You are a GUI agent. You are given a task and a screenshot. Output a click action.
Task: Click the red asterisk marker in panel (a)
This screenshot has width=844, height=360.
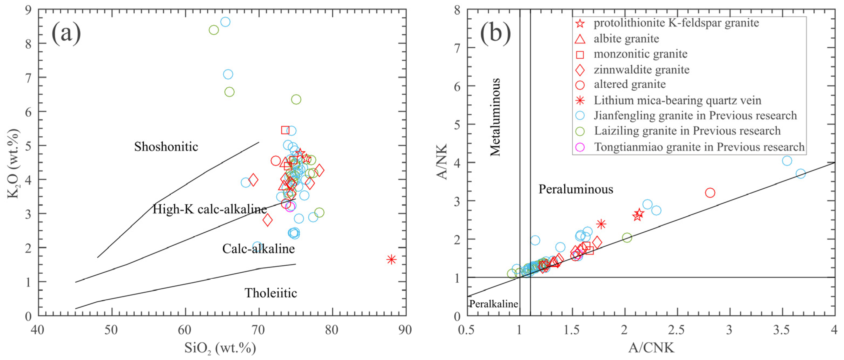[391, 259]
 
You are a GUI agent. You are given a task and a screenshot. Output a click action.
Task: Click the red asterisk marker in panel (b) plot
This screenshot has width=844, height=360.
[601, 224]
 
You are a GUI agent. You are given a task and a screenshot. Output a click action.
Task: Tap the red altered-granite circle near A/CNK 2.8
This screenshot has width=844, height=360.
[710, 193]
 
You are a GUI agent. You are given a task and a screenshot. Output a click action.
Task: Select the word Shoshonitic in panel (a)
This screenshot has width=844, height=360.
[166, 146]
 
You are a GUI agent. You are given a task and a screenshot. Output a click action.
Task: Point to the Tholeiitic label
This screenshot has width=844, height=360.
[271, 293]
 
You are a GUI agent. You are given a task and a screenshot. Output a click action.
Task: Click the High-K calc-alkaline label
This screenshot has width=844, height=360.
[210, 209]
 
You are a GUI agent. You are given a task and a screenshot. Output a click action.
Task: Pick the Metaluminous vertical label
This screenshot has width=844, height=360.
[495, 117]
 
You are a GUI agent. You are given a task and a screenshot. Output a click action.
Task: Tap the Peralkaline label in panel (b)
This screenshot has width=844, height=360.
[494, 304]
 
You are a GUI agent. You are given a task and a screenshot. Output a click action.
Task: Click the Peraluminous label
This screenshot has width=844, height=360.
[576, 189]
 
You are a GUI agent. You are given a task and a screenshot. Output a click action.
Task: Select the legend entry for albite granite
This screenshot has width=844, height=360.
[626, 39]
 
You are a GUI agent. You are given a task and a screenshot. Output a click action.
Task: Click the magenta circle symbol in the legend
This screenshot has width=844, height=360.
[580, 147]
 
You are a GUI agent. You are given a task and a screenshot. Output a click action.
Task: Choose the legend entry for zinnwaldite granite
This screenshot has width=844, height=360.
[641, 70]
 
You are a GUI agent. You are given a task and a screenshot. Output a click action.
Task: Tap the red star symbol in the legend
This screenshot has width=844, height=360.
[580, 23]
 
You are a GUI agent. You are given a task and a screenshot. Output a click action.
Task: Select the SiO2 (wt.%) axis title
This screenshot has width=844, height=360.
[220, 348]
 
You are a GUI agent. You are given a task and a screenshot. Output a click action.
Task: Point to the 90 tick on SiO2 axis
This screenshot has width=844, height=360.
[405, 329]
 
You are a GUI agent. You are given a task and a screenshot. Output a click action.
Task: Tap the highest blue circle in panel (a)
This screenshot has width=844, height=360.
[226, 22]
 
